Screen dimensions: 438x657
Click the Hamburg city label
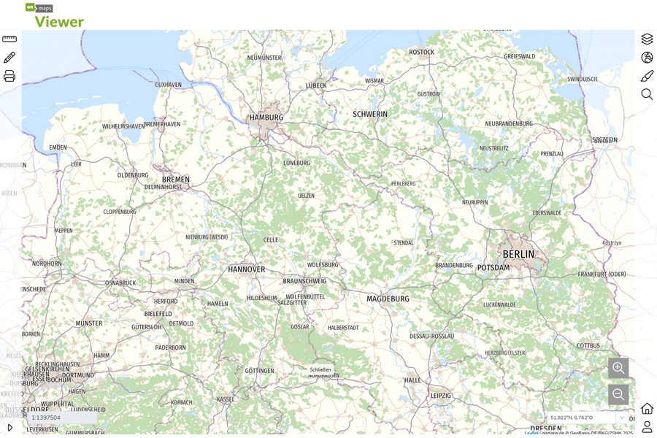coord(266,117)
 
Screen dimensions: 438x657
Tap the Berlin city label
coord(518,254)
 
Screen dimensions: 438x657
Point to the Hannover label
coord(247,269)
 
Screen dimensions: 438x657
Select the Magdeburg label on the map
coord(388,299)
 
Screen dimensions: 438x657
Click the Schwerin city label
coord(370,114)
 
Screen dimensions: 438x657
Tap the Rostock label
coord(421,52)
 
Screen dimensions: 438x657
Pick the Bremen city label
coord(176,180)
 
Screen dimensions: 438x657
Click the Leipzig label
coord(441,395)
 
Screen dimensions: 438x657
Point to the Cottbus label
coord(588,345)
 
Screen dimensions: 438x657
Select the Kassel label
coord(226,399)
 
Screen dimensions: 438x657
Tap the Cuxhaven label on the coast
coord(168,85)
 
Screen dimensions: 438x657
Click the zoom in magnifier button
coord(618,368)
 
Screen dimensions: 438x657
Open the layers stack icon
coord(647,39)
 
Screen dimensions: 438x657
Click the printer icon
coord(9,76)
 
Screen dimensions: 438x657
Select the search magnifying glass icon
coord(647,94)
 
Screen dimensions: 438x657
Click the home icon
coord(647,408)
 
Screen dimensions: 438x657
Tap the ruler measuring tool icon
coord(9,39)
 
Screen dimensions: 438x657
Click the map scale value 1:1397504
coord(46,418)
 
